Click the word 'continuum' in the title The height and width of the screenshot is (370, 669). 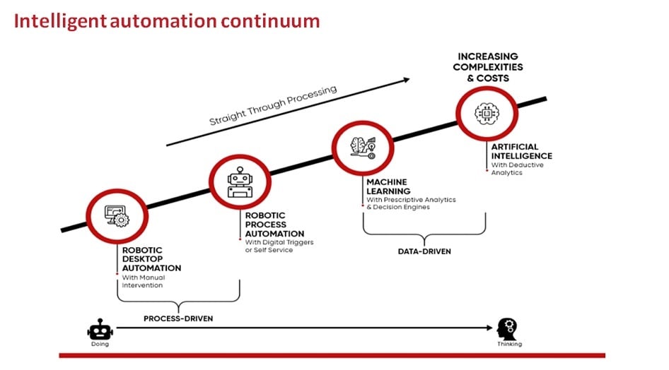pos(270,21)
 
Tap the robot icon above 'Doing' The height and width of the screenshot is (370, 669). pos(100,329)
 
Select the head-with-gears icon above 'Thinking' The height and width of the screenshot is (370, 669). pos(507,329)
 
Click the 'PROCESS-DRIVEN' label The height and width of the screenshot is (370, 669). pos(178,318)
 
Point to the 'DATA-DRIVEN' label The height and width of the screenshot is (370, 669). pos(424,251)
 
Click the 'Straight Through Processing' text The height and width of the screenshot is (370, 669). pos(273,105)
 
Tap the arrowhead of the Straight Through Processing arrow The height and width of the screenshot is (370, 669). pos(406,79)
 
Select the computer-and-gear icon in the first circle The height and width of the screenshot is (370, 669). pos(117,216)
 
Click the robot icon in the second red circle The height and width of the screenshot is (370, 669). pos(240,182)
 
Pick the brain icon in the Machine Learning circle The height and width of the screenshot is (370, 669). pos(363,148)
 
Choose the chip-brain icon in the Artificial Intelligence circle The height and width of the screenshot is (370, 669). pos(487,113)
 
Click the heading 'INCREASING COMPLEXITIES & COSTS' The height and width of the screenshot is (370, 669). pos(488,67)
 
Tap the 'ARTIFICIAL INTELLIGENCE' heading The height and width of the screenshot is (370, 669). pos(521,151)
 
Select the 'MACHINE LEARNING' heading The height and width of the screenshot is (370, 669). pos(388,186)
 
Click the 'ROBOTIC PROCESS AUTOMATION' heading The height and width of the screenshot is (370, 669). pos(274,225)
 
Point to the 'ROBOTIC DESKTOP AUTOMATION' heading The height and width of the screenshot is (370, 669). pos(151,259)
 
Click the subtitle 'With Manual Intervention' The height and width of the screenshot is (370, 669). pos(143,282)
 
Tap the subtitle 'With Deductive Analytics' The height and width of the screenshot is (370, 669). pos(517,169)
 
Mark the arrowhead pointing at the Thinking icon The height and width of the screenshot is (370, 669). pos(489,328)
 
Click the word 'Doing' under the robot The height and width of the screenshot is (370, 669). pos(100,344)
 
